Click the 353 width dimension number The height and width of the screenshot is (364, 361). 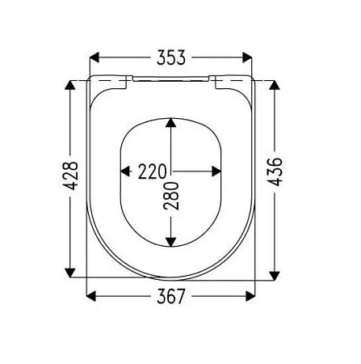point(171,57)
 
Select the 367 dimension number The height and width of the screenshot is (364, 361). point(171,296)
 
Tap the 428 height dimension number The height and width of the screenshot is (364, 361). point(70,176)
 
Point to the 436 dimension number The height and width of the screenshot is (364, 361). point(275,171)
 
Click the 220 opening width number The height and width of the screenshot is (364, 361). point(153,171)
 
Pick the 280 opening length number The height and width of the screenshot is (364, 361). point(171,196)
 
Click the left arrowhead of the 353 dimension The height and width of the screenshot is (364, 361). point(94,57)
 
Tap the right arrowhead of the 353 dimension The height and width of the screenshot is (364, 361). point(247,57)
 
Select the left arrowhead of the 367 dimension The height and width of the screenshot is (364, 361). point(91,296)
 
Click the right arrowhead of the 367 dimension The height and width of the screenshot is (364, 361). point(250,296)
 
